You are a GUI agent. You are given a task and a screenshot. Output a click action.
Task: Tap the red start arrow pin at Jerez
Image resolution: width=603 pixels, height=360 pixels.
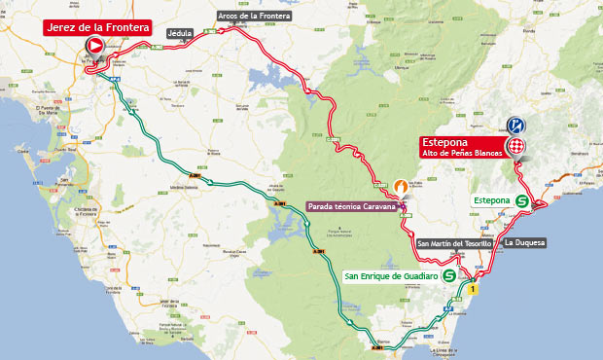pyautogui.click(x=95, y=46)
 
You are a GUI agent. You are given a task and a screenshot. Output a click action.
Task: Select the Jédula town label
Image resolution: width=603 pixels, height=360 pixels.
pyautogui.click(x=180, y=32)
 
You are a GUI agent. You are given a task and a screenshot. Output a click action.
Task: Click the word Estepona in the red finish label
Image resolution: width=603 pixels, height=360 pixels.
pyautogui.click(x=444, y=140)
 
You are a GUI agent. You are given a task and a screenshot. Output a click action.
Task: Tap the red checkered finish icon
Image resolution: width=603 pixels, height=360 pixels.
pyautogui.click(x=517, y=146)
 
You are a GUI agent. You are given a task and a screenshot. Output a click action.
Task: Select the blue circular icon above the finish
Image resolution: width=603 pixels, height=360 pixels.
pyautogui.click(x=516, y=126)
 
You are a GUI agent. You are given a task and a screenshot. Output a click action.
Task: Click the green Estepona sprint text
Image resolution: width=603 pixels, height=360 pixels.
pyautogui.click(x=491, y=200)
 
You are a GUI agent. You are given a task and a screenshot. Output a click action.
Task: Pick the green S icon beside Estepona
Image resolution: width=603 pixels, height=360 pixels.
pyautogui.click(x=522, y=200)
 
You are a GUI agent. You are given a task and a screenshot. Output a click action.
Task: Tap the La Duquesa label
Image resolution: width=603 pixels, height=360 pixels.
pyautogui.click(x=524, y=241)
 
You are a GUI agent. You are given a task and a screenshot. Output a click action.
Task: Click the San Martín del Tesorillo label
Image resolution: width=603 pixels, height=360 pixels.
pyautogui.click(x=453, y=243)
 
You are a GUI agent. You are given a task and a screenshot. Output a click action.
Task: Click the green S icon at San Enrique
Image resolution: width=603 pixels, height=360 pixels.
pyautogui.click(x=449, y=276)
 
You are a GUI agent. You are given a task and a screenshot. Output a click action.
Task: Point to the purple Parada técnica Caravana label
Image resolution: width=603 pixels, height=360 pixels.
pyautogui.click(x=351, y=206)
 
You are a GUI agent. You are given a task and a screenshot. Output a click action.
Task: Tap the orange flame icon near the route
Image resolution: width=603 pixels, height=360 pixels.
pyautogui.click(x=400, y=182)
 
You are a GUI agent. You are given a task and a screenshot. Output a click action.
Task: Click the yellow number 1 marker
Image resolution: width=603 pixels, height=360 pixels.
pyautogui.click(x=474, y=289)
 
